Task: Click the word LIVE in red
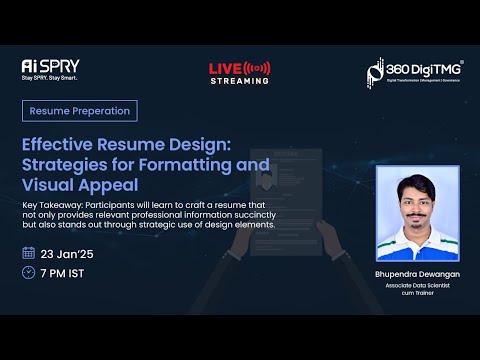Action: (225, 68)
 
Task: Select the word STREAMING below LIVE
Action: (239, 81)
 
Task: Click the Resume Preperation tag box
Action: (79, 111)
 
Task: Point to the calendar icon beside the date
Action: (28, 253)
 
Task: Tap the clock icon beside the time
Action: (28, 272)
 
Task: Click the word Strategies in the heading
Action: (66, 164)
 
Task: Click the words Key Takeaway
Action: (53, 204)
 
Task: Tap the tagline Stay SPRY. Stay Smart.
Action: (49, 78)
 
